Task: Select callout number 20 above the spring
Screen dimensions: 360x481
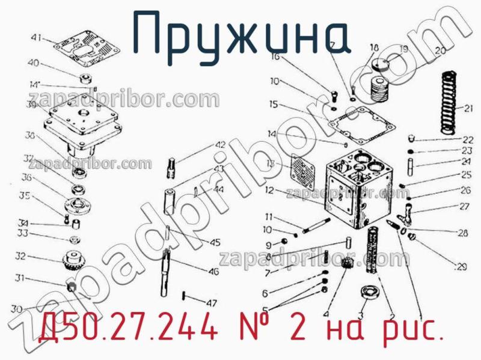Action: pos(441,52)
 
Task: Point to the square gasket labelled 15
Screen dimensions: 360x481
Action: pos(361,123)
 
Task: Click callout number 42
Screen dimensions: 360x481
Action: pos(220,145)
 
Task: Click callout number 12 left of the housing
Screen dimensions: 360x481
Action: pos(268,191)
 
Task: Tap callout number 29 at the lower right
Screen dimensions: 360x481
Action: pos(462,266)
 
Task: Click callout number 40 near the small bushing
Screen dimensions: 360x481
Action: pos(34,64)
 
